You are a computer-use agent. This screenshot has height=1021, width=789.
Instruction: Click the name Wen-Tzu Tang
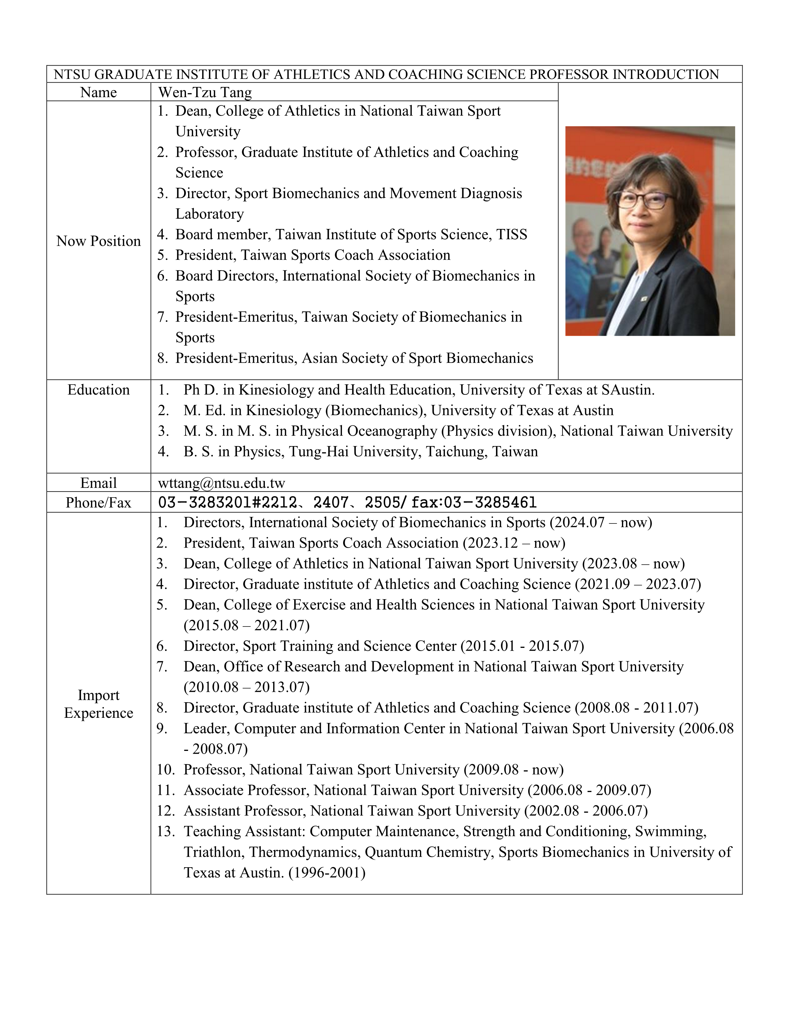205,92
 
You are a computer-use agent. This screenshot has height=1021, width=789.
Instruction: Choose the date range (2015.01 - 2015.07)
522,646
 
